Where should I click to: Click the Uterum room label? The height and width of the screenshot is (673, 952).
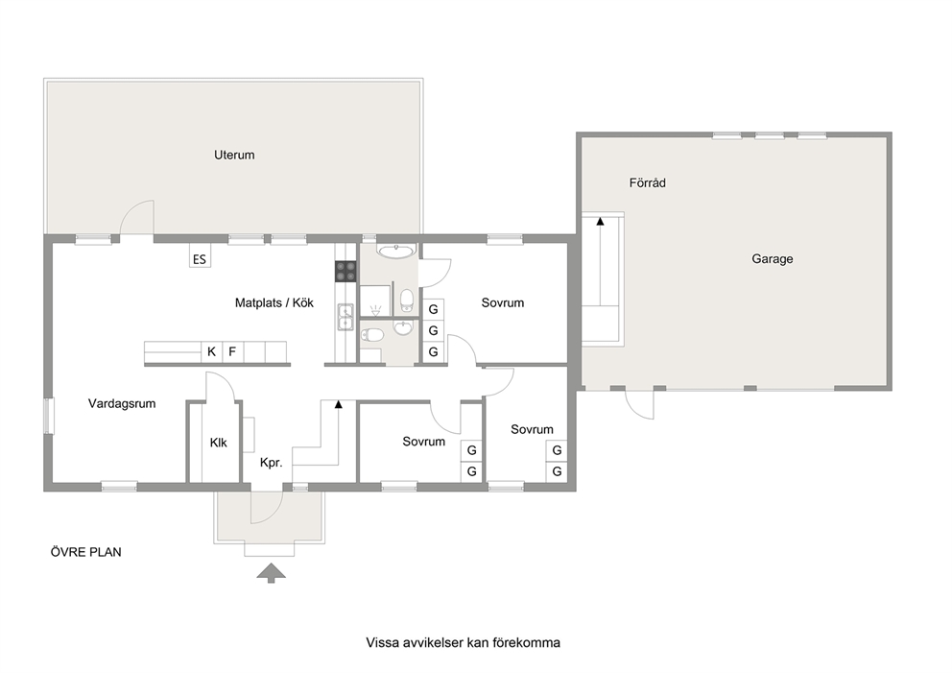coord(234,155)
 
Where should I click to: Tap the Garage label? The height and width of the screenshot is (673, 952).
coord(773,259)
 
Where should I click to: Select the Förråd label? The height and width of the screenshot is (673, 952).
coord(647,182)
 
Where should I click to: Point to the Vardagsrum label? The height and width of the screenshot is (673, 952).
coord(122,404)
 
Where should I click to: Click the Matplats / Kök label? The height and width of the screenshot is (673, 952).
coord(274,302)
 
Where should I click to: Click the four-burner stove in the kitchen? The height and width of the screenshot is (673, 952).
coord(345,272)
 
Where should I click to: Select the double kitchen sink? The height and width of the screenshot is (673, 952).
coord(345,317)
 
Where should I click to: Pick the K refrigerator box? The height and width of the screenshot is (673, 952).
coord(211,351)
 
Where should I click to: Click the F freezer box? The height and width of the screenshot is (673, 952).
coord(232,351)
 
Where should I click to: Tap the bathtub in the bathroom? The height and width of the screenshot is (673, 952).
coord(396,251)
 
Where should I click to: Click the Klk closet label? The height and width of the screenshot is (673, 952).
coord(219,443)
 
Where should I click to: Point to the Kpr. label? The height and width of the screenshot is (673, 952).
coord(272,463)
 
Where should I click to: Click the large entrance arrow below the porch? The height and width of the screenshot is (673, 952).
coord(271,573)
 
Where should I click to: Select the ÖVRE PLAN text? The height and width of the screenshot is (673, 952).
coord(85,552)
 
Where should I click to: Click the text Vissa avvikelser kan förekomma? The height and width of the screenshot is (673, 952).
coord(463,642)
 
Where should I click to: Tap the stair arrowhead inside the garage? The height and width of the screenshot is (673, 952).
coord(601,222)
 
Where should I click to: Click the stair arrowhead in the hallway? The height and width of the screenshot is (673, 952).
coord(338,404)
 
